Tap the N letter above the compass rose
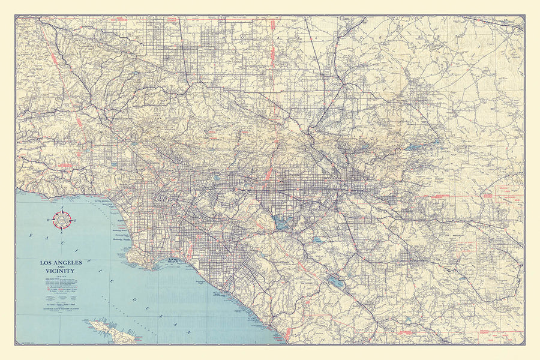pos(62,209)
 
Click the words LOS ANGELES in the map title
pos(61,263)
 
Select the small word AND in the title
pos(61,268)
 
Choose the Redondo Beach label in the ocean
pos(125,239)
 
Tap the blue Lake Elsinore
pos(336,281)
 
